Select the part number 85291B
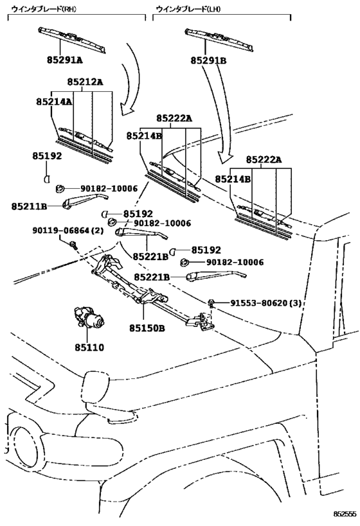tap(208, 60)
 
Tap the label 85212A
tap(85, 82)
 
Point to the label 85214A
tap(53, 101)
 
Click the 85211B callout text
tap(30, 206)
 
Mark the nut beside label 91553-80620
tap(211, 302)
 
